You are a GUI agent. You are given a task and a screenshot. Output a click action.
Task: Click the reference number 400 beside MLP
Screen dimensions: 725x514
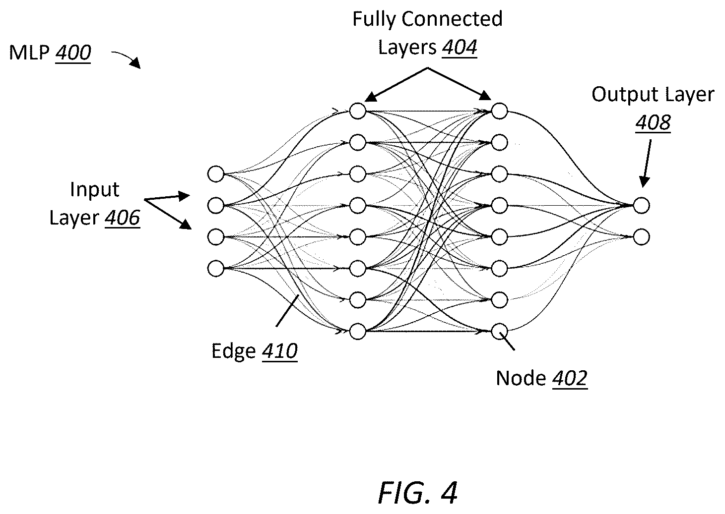(x=73, y=53)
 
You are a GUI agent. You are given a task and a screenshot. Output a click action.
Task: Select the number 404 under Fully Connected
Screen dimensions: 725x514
(x=460, y=48)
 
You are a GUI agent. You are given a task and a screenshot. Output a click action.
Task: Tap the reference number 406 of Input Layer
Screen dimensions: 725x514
(x=123, y=218)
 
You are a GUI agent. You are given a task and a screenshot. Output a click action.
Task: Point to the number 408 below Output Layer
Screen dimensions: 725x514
(x=653, y=122)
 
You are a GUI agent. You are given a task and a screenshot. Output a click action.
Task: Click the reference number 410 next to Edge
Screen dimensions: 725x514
(x=280, y=351)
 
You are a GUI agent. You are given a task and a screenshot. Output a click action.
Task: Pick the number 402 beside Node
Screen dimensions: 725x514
(x=570, y=378)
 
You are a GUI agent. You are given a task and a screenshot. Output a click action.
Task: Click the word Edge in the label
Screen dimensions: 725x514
(x=233, y=351)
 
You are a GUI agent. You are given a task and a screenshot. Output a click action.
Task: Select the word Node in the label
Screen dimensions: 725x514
(x=521, y=378)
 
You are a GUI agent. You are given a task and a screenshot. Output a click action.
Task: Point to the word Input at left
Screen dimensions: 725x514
(x=94, y=190)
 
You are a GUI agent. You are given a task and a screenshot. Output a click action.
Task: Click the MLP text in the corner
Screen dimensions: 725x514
(x=29, y=53)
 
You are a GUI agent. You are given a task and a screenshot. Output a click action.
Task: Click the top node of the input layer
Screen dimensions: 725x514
(x=215, y=174)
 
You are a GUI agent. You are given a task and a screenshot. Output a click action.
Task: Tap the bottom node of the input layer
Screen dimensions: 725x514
(x=215, y=269)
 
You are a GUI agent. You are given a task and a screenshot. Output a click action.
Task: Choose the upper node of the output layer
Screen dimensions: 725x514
(x=642, y=206)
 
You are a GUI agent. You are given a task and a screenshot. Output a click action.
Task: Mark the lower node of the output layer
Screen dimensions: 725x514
(x=642, y=237)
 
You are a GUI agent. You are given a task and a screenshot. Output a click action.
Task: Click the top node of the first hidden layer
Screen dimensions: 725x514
(x=358, y=111)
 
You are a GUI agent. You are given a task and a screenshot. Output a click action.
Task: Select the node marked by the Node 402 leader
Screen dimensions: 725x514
(x=499, y=332)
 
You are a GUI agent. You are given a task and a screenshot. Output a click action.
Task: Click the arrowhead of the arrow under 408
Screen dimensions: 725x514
(x=644, y=182)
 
